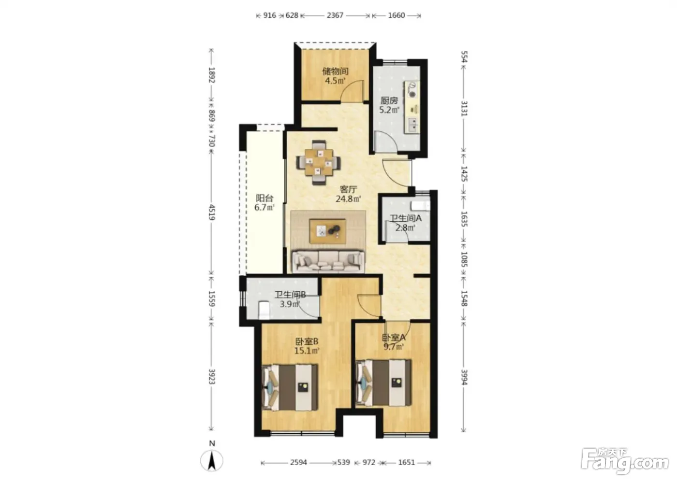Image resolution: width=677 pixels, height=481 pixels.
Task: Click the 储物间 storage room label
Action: click(335, 71)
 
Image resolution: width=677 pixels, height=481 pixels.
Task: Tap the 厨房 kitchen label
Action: click(389, 100)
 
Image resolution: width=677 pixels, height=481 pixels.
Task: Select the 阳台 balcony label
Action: click(265, 198)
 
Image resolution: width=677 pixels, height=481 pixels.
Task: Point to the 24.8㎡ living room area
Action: click(349, 199)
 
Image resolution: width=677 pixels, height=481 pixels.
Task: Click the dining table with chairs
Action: click(318, 162)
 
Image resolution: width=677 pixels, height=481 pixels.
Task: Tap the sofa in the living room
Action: click(328, 261)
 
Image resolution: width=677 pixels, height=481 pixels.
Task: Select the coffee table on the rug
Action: click(328, 231)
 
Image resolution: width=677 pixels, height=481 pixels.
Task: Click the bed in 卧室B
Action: click(290, 387)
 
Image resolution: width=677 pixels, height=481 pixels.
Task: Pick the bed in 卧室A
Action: click(383, 383)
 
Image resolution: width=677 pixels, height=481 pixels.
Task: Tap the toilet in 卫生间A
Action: click(420, 206)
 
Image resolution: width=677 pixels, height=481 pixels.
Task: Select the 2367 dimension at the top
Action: click(335, 15)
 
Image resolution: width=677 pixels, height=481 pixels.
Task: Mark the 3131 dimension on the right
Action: click(464, 109)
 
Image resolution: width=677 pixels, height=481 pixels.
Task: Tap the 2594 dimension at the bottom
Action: click(298, 462)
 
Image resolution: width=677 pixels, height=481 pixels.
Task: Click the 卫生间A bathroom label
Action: click(405, 218)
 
